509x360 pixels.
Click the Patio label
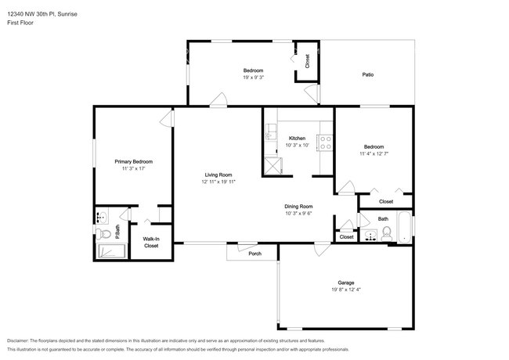(x=367, y=75)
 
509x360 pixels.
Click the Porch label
(x=254, y=254)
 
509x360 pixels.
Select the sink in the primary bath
(x=102, y=217)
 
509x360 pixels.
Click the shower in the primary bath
(x=110, y=250)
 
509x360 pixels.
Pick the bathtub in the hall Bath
(x=402, y=228)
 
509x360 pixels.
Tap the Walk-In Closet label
(x=150, y=242)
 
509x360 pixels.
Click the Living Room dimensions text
(x=218, y=182)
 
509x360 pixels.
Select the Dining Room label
(x=298, y=206)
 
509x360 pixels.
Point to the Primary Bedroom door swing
(x=166, y=118)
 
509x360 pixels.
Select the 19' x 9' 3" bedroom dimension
(x=253, y=77)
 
